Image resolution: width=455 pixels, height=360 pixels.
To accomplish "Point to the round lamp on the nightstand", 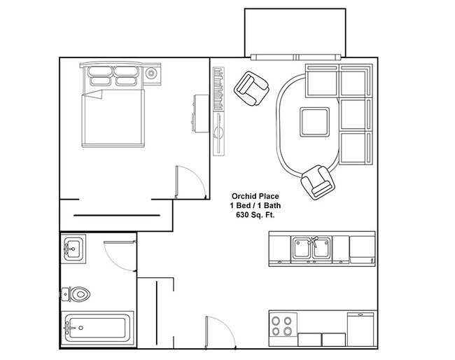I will (x=152, y=73).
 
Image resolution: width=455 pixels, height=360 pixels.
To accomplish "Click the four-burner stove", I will (x=282, y=327).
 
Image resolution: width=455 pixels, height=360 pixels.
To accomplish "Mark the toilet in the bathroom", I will (x=76, y=293).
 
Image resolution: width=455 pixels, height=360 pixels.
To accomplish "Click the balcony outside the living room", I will (x=295, y=32).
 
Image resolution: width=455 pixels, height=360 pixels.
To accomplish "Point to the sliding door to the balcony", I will (x=298, y=57).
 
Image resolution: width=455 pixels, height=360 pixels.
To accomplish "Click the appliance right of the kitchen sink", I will (x=362, y=248).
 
